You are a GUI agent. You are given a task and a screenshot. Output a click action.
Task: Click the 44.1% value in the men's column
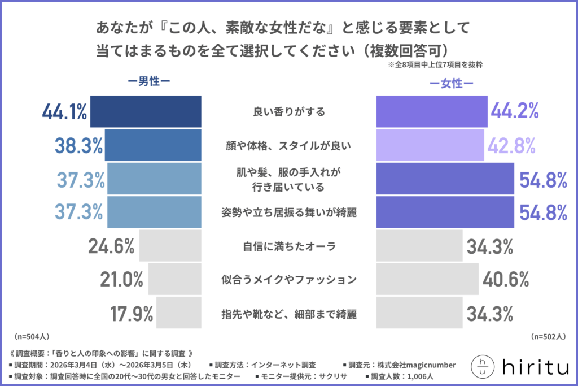pyautogui.click(x=64, y=112)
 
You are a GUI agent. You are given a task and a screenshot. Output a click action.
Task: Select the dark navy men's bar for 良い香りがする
pyautogui.click(x=146, y=111)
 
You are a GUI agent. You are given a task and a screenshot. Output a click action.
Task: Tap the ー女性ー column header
pyautogui.click(x=451, y=84)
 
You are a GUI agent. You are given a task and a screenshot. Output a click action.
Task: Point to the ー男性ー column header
pyautogui.click(x=148, y=81)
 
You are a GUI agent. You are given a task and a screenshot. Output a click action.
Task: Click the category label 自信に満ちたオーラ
pyautogui.click(x=288, y=246)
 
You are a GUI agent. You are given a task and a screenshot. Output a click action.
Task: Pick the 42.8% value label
pyautogui.click(x=512, y=145)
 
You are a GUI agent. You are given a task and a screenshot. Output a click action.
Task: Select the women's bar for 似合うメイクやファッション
pyautogui.click(x=427, y=279)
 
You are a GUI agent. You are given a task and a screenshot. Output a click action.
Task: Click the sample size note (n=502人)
pyautogui.click(x=547, y=337)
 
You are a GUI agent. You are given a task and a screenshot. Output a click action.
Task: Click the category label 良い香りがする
pyautogui.click(x=288, y=112)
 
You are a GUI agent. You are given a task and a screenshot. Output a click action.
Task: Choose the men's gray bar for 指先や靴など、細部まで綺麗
pyautogui.click(x=179, y=313)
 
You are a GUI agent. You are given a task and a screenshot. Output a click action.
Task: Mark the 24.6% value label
pyautogui.click(x=111, y=246)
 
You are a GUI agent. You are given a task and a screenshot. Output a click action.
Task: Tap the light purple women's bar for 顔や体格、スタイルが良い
pyautogui.click(x=430, y=145)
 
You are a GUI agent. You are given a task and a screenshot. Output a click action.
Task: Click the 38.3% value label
pyautogui.click(x=79, y=145)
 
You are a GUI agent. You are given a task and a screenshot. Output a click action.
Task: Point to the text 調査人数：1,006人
pyautogui.click(x=401, y=376)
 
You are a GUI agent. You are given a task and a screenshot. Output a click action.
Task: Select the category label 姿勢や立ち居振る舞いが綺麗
pyautogui.click(x=288, y=212)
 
